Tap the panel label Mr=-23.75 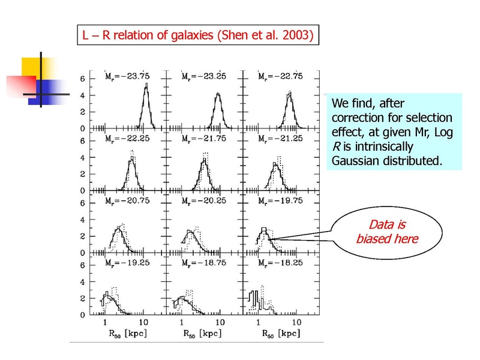click(x=127, y=76)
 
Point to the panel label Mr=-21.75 click(x=203, y=139)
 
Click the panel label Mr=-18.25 click(x=280, y=263)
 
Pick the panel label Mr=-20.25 click(x=203, y=201)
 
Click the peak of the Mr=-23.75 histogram click(x=146, y=83)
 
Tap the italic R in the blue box click(x=336, y=146)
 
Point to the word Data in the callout click(x=381, y=224)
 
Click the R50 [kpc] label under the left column click(x=128, y=334)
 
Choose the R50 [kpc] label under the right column click(x=281, y=334)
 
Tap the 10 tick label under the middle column click(x=220, y=322)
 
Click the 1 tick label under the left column click(x=105, y=322)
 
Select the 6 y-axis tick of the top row click(x=83, y=79)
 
